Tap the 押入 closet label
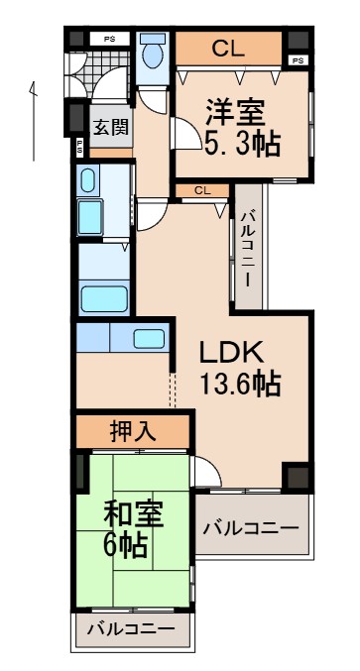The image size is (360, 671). tap(132, 432)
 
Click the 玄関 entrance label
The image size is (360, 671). tap(110, 127)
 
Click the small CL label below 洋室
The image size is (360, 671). tap(200, 189)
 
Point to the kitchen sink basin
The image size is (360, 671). tap(149, 337)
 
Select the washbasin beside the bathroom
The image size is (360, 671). tap(88, 181)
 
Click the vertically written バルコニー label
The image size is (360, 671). tap(249, 248)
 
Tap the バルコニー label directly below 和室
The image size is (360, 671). tap(130, 628)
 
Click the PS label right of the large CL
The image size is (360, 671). tap(297, 61)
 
